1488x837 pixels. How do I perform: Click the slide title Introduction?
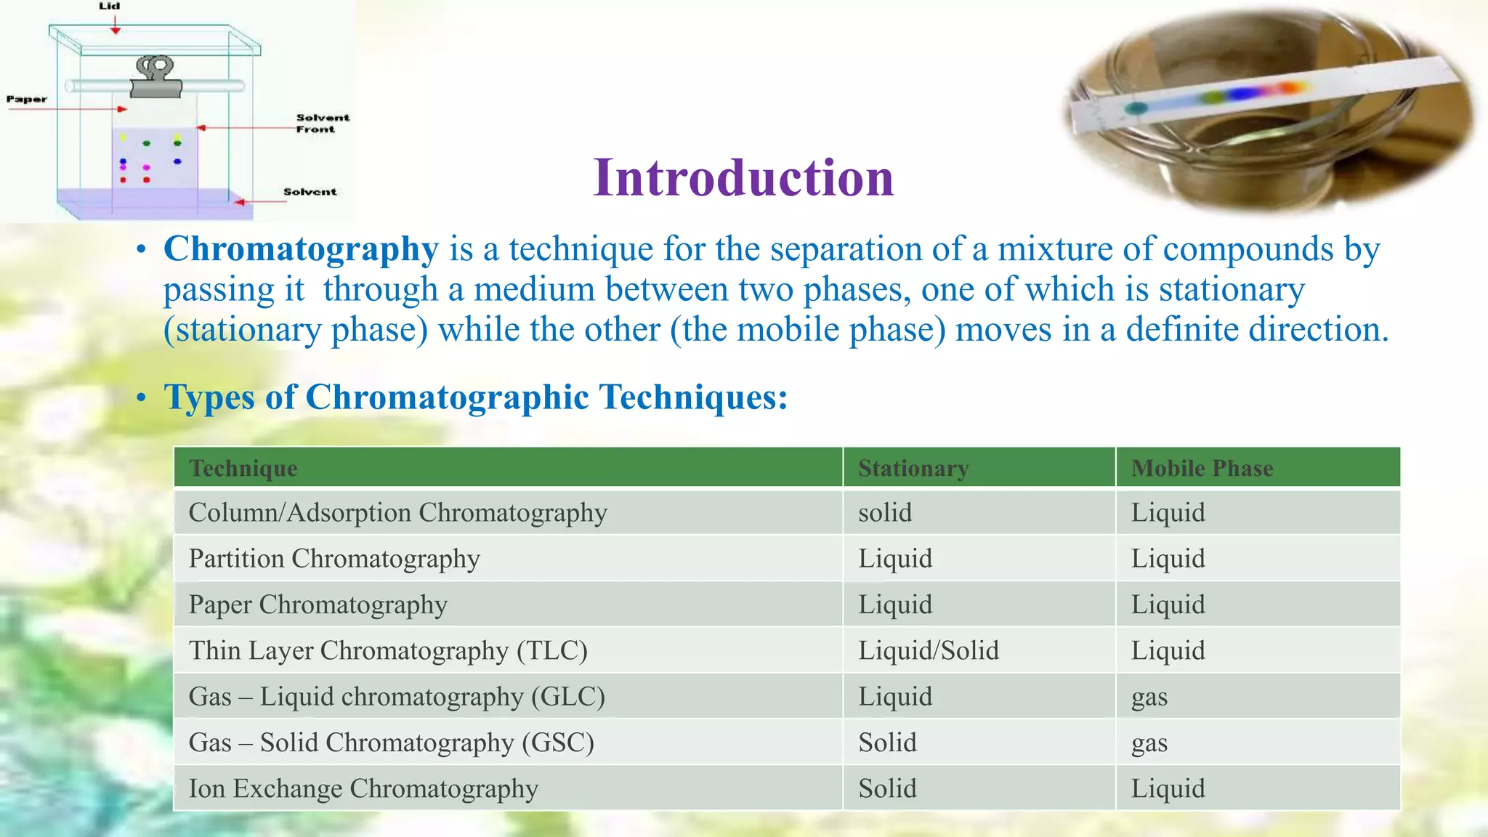click(743, 178)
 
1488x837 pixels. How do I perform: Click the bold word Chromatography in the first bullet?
click(301, 249)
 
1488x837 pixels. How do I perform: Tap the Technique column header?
click(243, 468)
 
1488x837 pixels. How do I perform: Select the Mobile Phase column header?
click(1202, 468)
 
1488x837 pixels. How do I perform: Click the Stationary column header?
click(913, 468)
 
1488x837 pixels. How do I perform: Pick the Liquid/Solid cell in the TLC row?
click(929, 650)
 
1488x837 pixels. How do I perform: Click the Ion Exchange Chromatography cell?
click(363, 788)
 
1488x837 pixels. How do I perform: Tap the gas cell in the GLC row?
click(1149, 697)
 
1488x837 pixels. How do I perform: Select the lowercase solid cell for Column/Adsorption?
click(885, 513)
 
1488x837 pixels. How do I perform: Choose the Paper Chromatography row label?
click(318, 604)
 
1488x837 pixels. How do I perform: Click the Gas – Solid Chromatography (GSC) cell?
click(391, 743)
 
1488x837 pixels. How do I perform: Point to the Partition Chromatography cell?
click(334, 559)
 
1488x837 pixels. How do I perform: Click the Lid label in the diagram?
click(110, 7)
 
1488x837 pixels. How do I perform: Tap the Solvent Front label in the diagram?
click(322, 124)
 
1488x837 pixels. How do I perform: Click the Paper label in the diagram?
click(26, 100)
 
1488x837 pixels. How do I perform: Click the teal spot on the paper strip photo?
click(1136, 109)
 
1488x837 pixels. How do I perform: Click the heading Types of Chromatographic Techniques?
click(475, 397)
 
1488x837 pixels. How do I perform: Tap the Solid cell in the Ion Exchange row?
click(887, 788)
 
